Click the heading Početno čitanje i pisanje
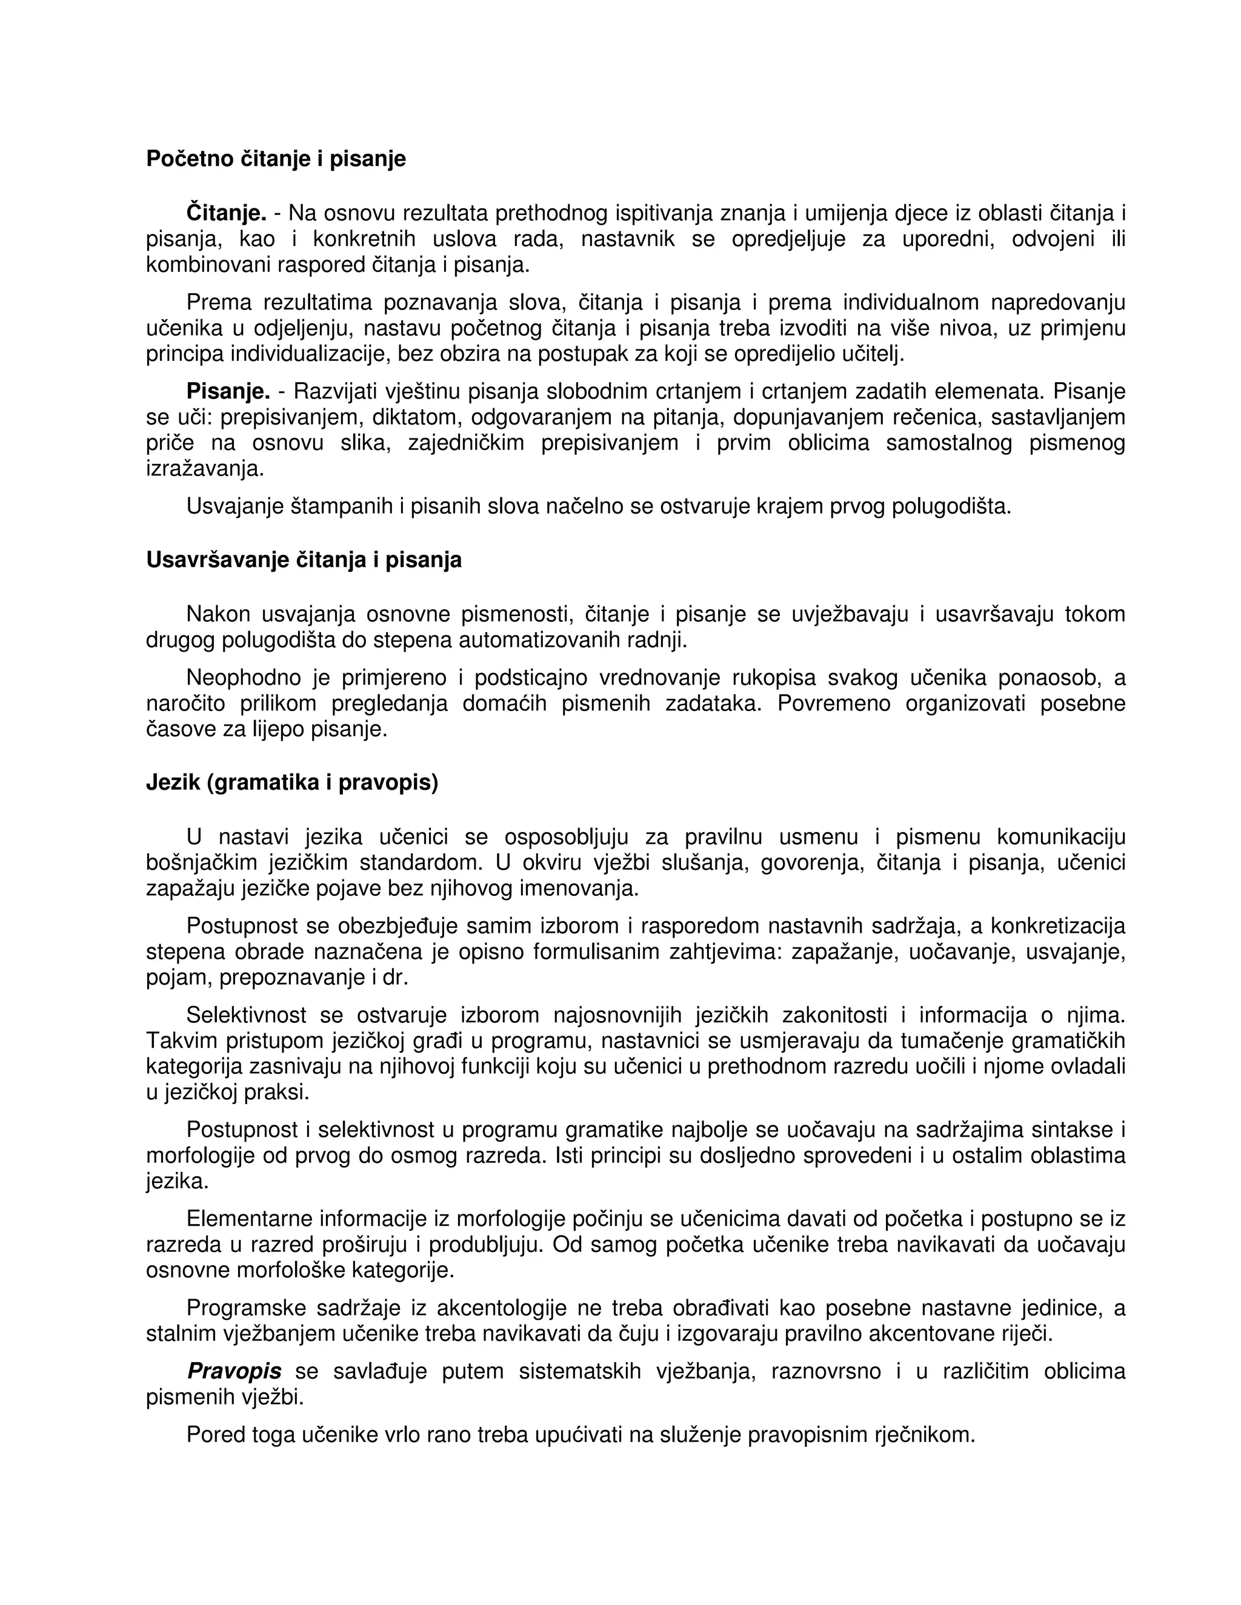[276, 159]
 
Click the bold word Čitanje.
[225, 213]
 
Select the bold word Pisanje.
[228, 391]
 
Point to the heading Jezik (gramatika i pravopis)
[292, 783]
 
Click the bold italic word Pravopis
[234, 1371]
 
